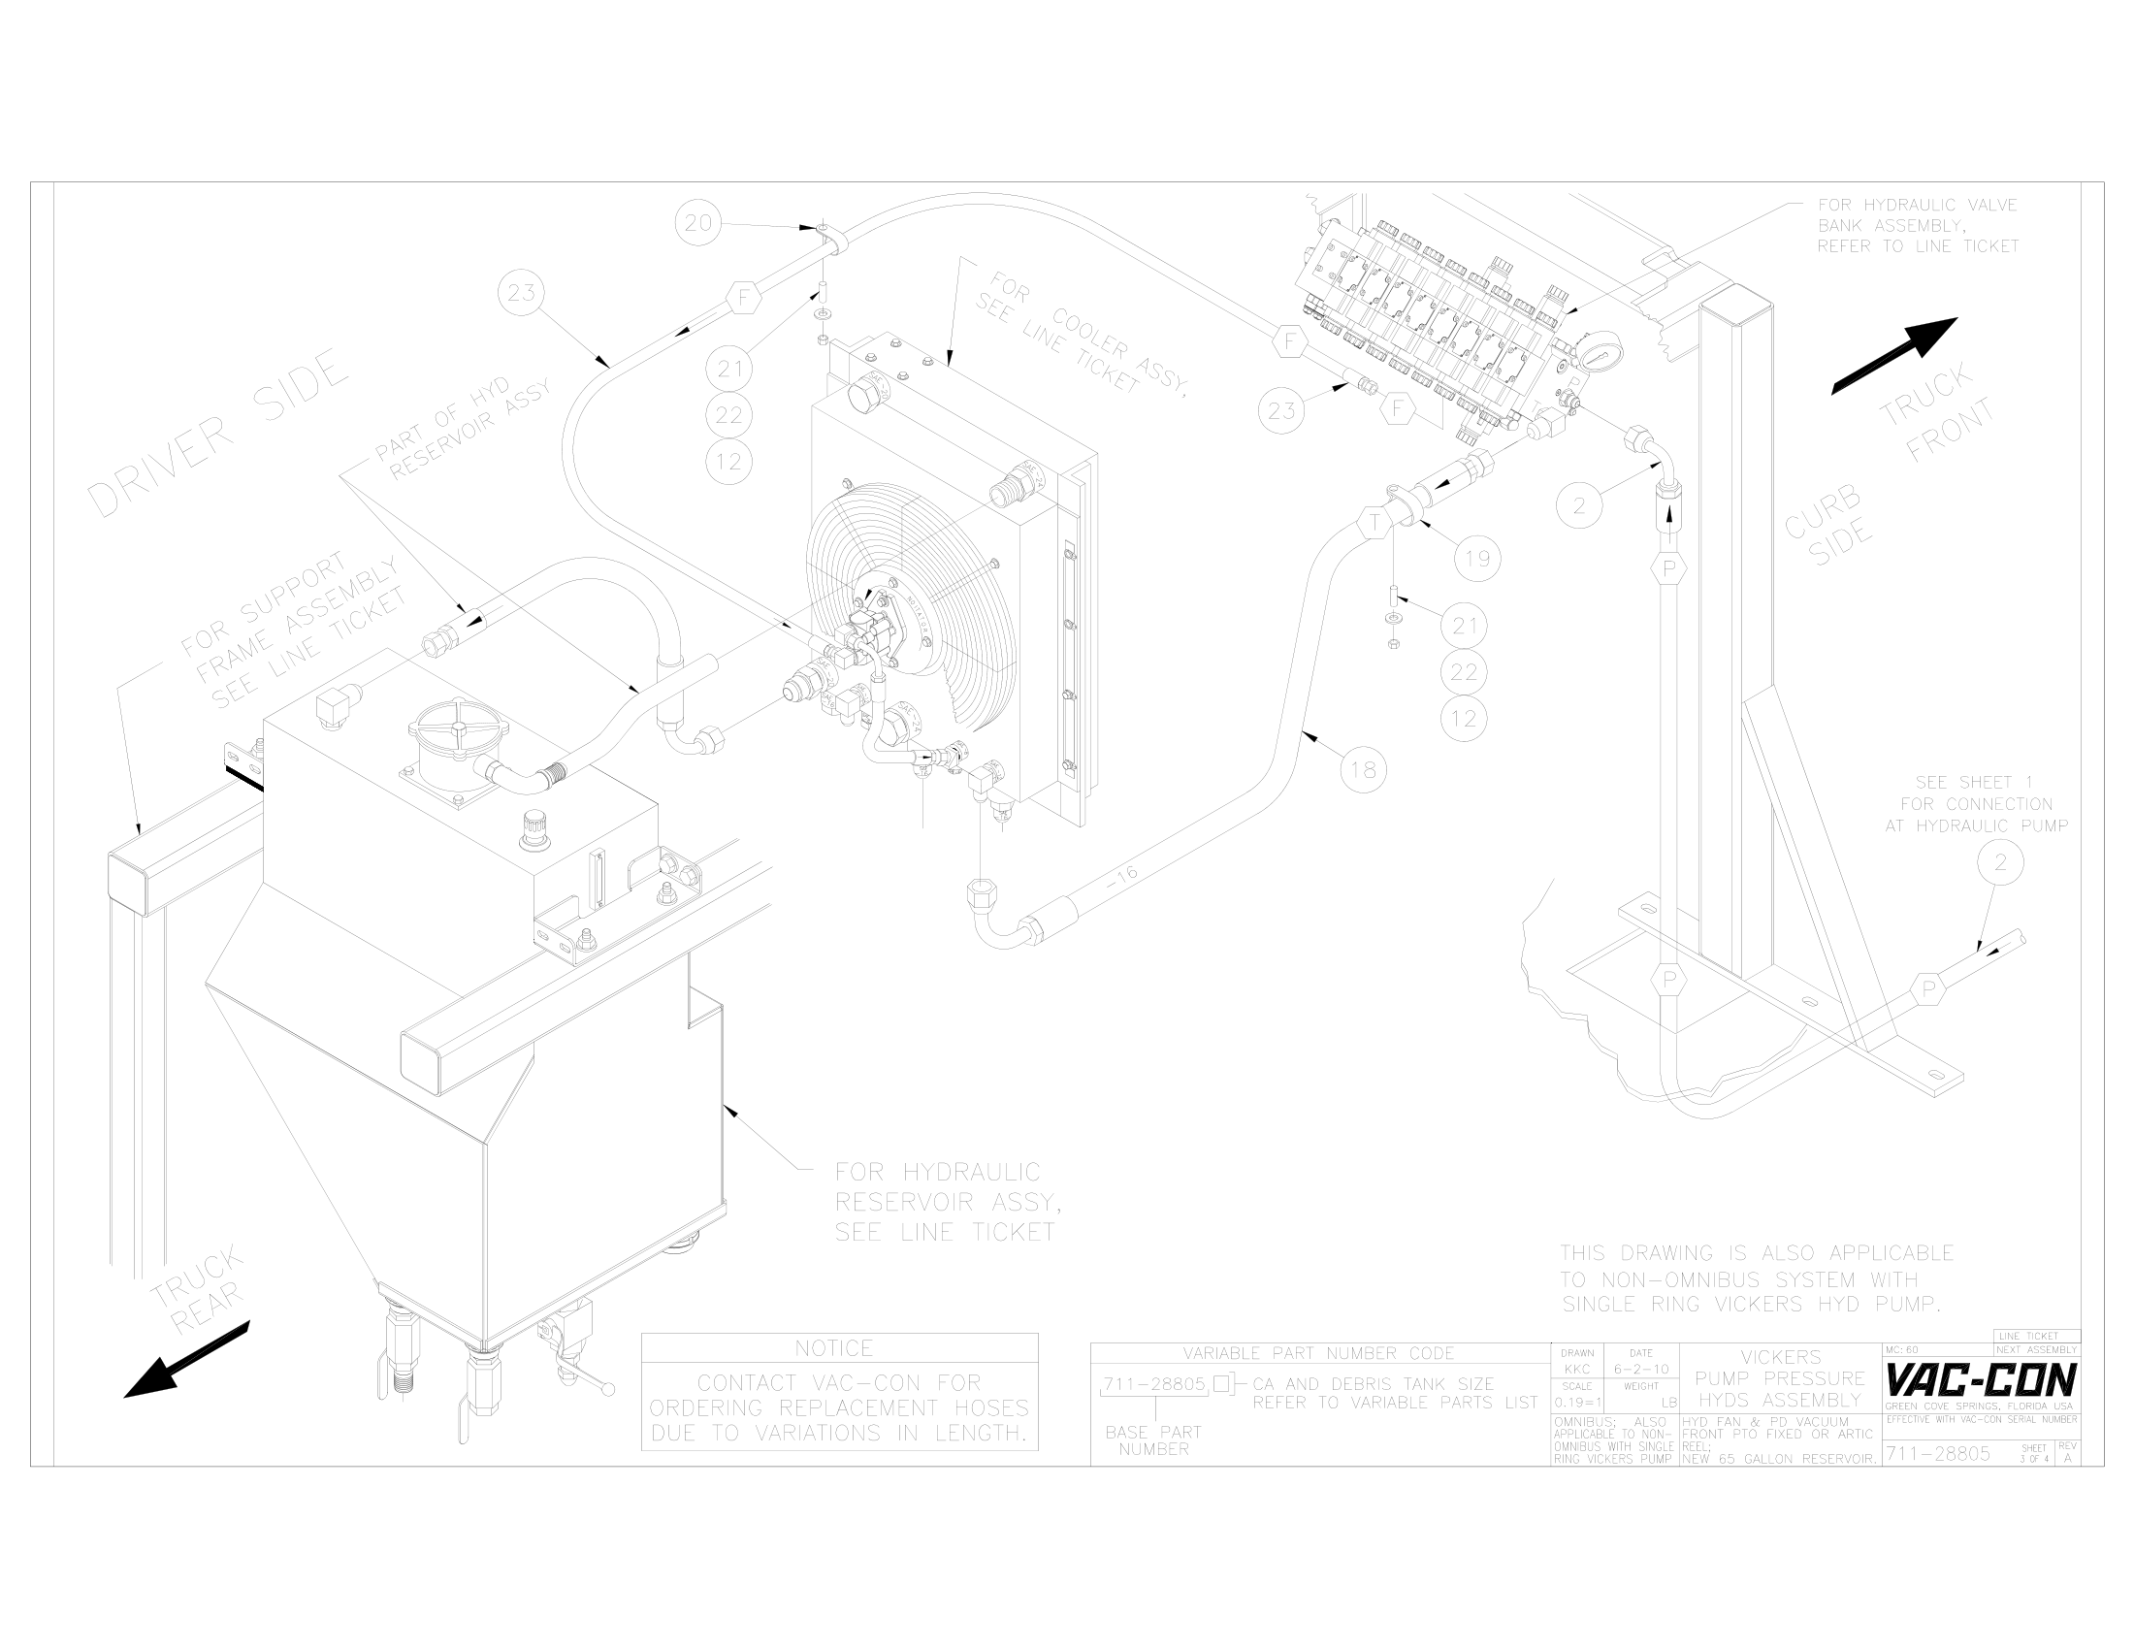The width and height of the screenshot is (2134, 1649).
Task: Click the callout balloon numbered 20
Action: click(697, 224)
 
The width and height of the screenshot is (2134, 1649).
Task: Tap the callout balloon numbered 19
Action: click(1476, 559)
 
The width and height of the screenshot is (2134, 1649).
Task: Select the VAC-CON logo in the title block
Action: click(1981, 1381)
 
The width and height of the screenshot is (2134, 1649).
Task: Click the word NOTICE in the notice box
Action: click(833, 1348)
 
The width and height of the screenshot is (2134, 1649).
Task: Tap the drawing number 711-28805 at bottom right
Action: click(1937, 1454)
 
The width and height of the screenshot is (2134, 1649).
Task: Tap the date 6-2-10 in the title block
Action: click(1641, 1370)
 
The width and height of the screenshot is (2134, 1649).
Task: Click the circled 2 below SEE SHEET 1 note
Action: click(2000, 862)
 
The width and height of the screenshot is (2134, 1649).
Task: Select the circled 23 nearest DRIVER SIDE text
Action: click(522, 293)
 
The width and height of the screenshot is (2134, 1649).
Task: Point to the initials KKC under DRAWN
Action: click(1577, 1370)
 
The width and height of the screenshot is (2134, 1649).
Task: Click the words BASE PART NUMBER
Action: click(1153, 1440)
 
